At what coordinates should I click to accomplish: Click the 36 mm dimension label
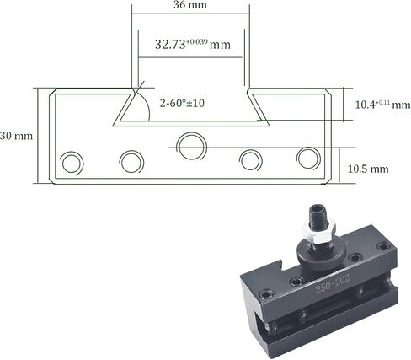click(190, 4)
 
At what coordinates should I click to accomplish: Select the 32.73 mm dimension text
click(193, 45)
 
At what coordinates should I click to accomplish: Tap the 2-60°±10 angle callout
click(182, 103)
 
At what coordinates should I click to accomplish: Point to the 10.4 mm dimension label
click(382, 105)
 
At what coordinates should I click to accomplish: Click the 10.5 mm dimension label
click(368, 169)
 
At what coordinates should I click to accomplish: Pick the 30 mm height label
click(16, 136)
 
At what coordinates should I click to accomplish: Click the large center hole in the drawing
click(191, 147)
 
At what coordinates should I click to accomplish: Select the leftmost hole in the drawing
click(72, 164)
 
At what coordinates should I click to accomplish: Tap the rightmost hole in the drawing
click(309, 159)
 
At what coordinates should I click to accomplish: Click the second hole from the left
click(131, 162)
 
